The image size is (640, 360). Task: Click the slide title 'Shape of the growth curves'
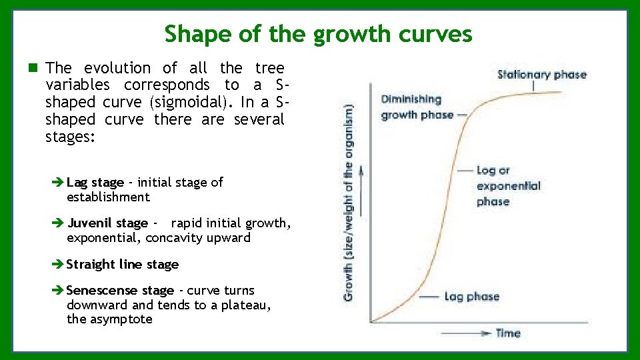click(318, 33)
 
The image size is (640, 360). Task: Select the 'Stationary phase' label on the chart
click(541, 74)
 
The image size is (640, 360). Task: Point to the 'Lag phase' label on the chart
click(471, 297)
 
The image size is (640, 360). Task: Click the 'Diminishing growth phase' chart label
click(411, 107)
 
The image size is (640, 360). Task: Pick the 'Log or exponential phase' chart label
click(508, 186)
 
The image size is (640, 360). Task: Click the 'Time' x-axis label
click(507, 333)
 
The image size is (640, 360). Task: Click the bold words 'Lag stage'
click(95, 183)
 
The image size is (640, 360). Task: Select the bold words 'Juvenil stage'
click(107, 223)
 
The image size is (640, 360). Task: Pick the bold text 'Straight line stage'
click(122, 265)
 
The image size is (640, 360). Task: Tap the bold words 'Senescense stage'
click(120, 291)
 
